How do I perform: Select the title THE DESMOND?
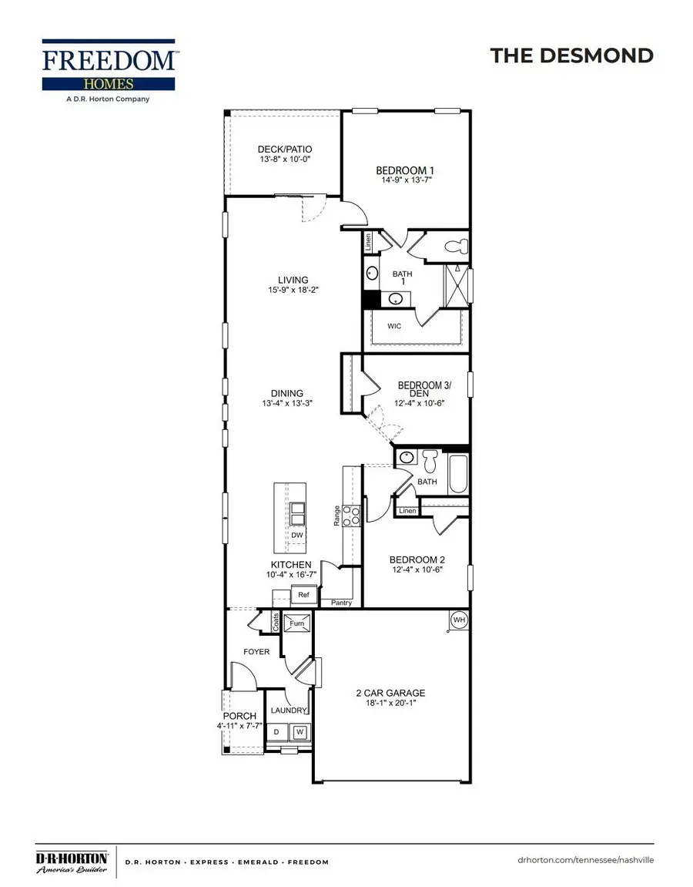point(571,55)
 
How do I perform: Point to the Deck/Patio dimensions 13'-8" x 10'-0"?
point(285,160)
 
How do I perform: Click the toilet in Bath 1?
point(458,247)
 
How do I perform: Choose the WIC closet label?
point(394,326)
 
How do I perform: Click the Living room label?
point(293,281)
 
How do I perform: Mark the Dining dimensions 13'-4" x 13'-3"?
point(286,403)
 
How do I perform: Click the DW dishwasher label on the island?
point(296,535)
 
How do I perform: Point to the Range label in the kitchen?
point(336,516)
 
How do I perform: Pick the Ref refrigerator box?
point(303,595)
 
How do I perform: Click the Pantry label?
point(341,603)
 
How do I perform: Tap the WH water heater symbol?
point(459,620)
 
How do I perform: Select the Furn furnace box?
point(296,623)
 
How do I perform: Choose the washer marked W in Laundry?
point(300,731)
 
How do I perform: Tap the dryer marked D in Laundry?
point(276,731)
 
